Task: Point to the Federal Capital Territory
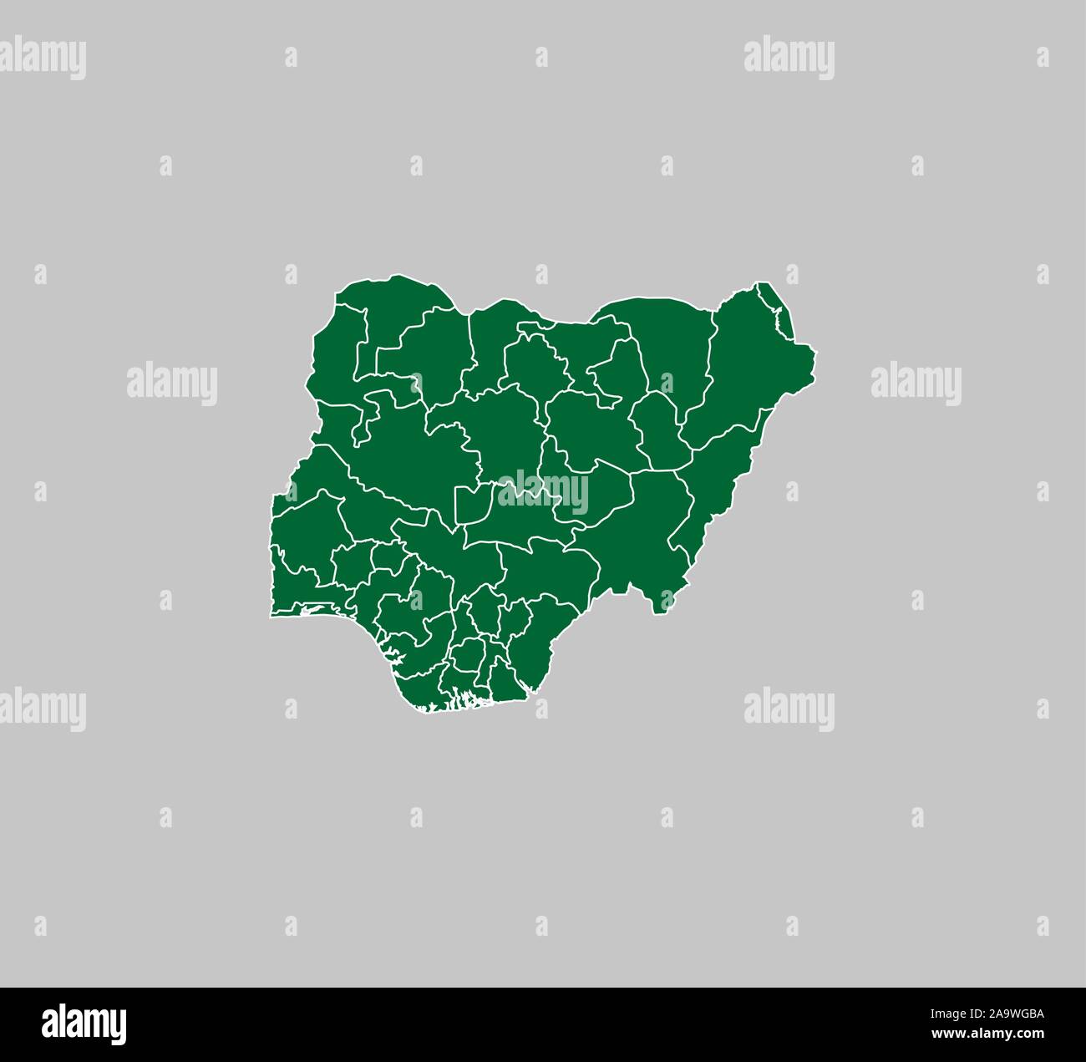pos(473,506)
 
